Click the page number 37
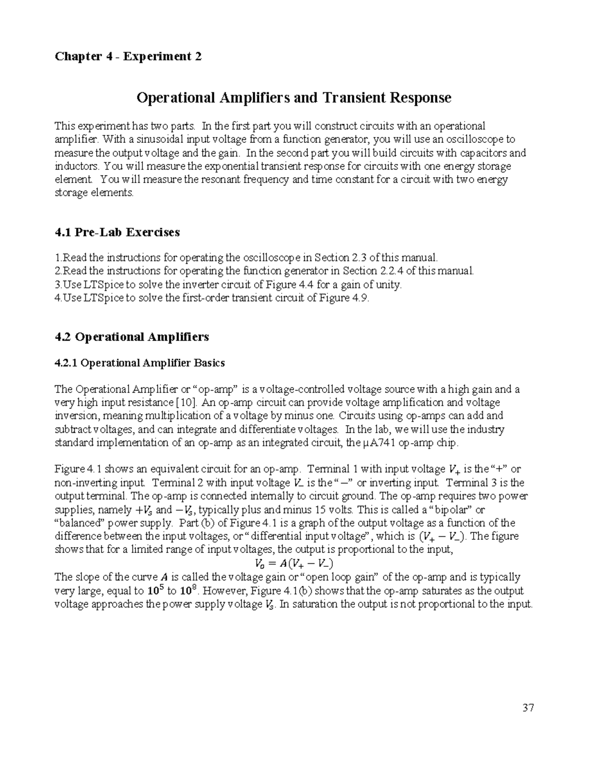pos(528,708)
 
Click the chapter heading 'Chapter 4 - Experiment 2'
pos(128,56)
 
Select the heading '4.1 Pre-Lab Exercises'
pos(117,232)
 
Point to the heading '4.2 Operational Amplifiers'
pos(132,337)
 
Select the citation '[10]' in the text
pos(187,403)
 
